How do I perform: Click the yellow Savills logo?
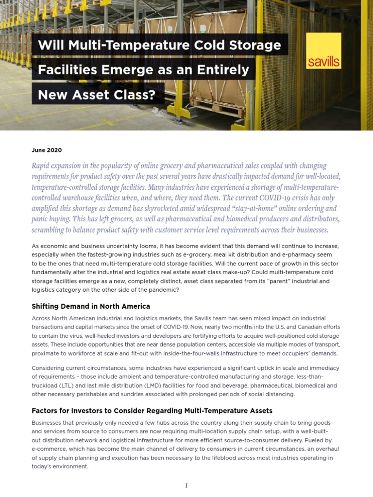coord(323,51)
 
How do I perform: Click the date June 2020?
coord(47,150)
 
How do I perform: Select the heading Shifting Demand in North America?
coord(91,306)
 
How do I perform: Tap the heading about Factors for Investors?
coord(152,411)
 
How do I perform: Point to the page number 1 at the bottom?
coord(186,485)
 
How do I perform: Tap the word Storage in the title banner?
coord(255,45)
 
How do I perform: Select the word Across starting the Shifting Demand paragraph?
coord(41,318)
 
